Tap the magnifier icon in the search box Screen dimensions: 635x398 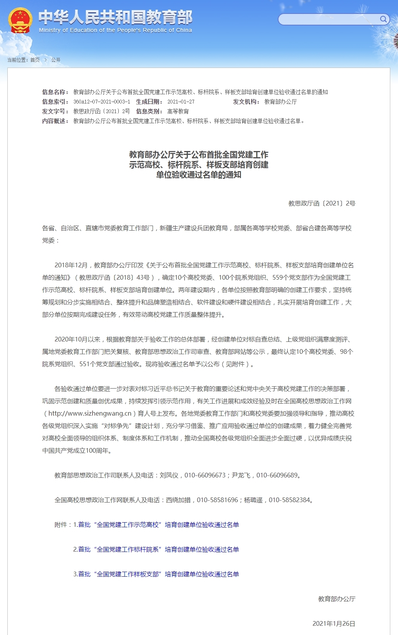383,19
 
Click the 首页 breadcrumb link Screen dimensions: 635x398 35,60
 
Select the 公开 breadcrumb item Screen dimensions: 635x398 56,60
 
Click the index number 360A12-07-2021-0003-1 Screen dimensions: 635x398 102,102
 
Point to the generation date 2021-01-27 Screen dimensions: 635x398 181,102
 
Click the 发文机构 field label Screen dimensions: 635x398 246,102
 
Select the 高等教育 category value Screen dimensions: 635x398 178,111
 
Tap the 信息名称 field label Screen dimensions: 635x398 55,92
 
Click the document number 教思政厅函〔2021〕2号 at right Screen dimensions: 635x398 322,203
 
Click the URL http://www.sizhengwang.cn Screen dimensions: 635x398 90,413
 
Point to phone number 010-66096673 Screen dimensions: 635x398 205,475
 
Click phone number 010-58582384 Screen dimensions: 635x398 289,500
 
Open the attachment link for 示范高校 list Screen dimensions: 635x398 159,525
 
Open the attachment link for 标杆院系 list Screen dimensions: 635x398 159,549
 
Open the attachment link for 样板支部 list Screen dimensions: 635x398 159,574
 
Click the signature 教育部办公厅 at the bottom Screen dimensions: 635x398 337,599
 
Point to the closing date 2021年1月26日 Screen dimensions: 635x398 334,623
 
